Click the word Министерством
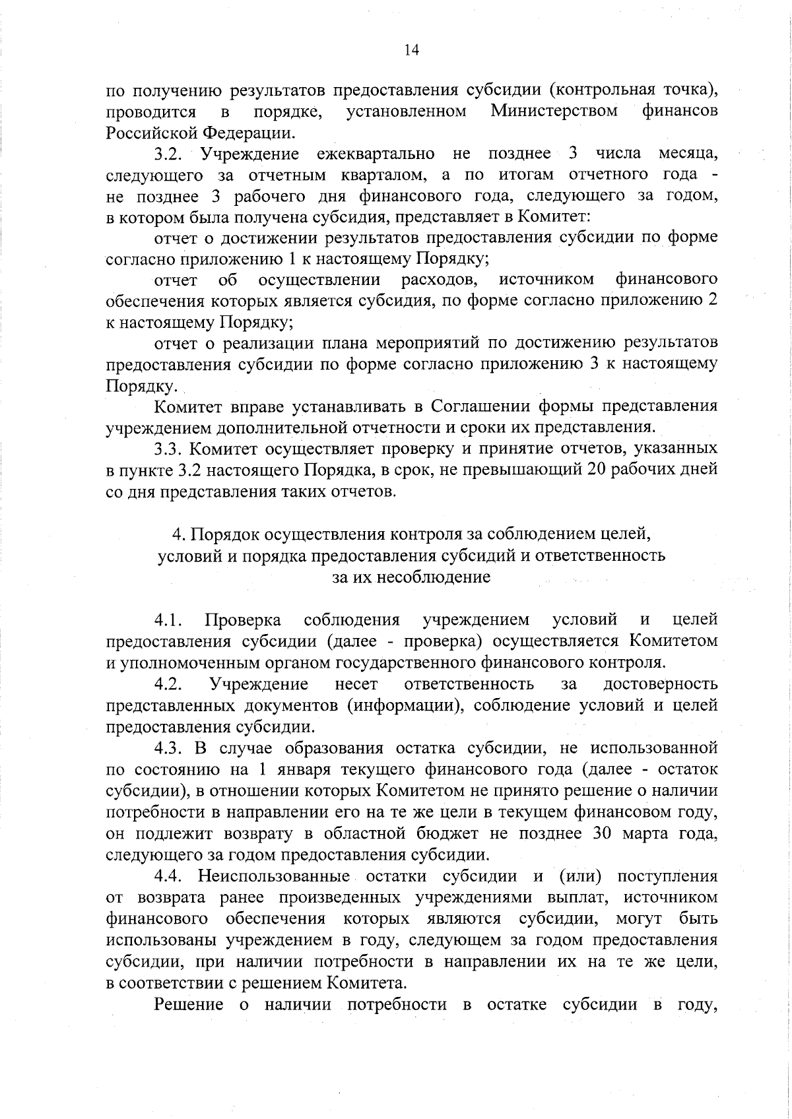pyautogui.click(x=554, y=112)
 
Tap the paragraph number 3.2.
pyautogui.click(x=172, y=154)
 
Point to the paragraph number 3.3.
pyautogui.click(x=172, y=449)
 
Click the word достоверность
pyautogui.click(x=661, y=684)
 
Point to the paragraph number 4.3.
pyautogui.click(x=172, y=748)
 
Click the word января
pyautogui.click(x=304, y=770)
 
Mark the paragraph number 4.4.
pyautogui.click(x=172, y=877)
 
